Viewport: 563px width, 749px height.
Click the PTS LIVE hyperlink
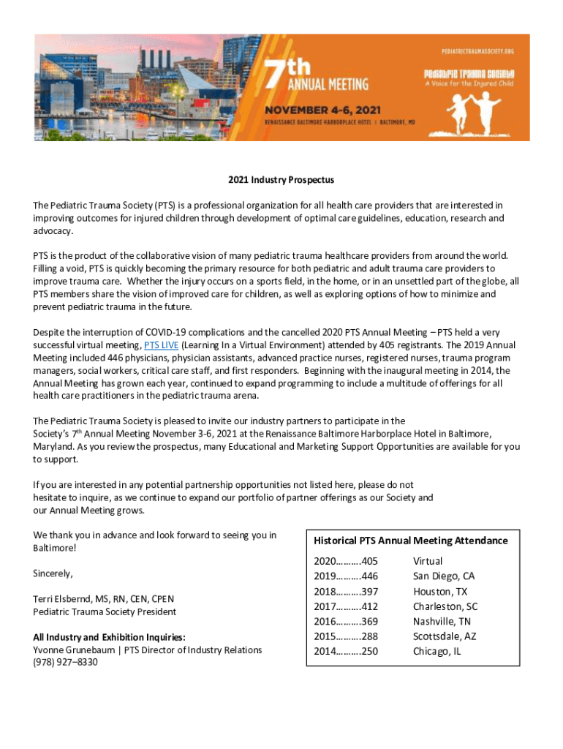[161, 345]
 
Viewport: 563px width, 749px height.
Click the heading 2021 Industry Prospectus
[281, 179]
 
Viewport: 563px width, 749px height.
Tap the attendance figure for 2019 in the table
[346, 576]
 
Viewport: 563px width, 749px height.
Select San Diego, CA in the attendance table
[443, 576]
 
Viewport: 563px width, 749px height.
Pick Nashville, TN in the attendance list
[442, 621]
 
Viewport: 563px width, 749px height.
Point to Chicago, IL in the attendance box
[437, 651]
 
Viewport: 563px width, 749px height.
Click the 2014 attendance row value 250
[346, 651]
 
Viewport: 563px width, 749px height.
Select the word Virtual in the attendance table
[428, 561]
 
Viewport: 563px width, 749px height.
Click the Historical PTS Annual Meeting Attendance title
[410, 541]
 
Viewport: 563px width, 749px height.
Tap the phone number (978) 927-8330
[65, 662]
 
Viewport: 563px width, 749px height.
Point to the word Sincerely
[53, 573]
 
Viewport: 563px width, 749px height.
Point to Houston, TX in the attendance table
[439, 591]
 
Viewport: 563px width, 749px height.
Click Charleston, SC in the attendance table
[445, 606]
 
